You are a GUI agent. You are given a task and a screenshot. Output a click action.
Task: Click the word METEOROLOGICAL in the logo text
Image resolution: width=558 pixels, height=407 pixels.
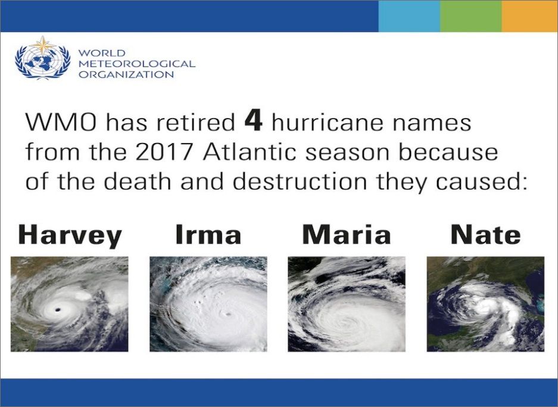point(137,64)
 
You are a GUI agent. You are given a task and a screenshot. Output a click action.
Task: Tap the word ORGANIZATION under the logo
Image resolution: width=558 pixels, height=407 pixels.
point(126,74)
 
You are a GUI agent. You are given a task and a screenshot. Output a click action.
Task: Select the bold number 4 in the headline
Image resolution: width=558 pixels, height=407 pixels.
point(254,122)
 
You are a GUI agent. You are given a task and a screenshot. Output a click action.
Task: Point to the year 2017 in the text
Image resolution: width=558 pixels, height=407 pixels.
point(164,152)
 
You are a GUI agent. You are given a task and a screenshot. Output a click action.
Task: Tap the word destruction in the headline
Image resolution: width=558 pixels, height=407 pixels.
point(300,181)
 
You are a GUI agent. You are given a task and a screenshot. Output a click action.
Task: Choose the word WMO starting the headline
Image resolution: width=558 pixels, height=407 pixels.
point(61,123)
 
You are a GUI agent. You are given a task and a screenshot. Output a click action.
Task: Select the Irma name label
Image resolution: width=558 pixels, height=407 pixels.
point(208,234)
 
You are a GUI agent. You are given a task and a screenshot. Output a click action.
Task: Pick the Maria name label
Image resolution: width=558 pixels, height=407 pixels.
point(347,234)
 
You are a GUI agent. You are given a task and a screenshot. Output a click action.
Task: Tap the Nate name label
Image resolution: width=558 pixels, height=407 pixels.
point(485,234)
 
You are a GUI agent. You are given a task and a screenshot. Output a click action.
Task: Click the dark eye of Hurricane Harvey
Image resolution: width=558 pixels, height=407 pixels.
point(57,310)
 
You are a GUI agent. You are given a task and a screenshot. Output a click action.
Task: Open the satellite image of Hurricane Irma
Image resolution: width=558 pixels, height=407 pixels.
point(208,304)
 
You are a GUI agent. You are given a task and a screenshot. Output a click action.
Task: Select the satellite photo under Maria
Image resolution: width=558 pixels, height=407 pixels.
point(347,304)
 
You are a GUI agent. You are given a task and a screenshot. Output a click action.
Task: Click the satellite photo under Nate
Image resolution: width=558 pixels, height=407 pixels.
point(485,304)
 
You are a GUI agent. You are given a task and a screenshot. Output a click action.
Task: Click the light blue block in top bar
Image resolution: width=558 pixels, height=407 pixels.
point(409,16)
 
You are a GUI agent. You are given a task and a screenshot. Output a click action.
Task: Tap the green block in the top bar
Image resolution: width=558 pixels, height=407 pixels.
point(471,16)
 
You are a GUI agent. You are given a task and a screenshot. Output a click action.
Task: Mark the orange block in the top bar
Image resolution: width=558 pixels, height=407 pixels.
point(530,16)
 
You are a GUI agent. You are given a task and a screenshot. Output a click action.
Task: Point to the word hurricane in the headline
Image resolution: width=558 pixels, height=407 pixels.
point(328,122)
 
